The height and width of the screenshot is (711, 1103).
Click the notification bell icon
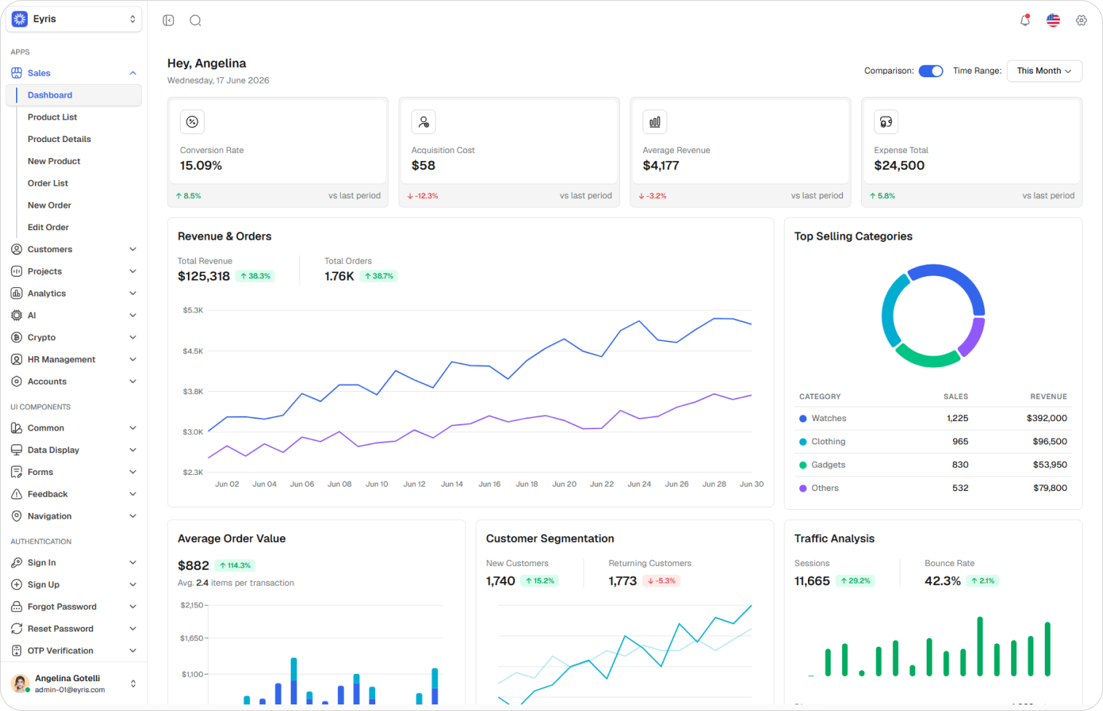click(1025, 20)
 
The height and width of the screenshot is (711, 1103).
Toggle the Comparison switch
click(930, 71)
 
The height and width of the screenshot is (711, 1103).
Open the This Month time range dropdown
click(1045, 71)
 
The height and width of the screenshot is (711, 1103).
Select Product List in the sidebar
click(52, 117)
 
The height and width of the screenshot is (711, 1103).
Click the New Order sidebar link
click(50, 205)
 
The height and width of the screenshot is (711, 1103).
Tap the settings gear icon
click(1081, 20)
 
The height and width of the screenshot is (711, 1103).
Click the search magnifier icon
click(195, 20)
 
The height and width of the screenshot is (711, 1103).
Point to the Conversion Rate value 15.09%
click(201, 165)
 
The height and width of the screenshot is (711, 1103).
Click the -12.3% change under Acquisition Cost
click(423, 196)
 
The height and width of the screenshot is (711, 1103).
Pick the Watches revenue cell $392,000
click(1047, 418)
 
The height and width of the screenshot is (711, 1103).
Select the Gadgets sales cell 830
click(960, 465)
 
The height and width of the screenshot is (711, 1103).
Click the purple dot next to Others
click(803, 488)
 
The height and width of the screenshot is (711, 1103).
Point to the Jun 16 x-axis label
click(490, 484)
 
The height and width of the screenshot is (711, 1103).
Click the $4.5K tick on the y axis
click(193, 351)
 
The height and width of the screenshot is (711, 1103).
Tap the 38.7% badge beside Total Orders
click(378, 276)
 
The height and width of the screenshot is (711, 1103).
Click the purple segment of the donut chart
click(972, 337)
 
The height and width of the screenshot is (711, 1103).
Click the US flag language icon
click(1053, 20)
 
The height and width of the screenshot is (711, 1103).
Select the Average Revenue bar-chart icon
click(655, 122)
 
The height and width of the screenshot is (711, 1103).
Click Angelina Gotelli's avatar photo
click(20, 683)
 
